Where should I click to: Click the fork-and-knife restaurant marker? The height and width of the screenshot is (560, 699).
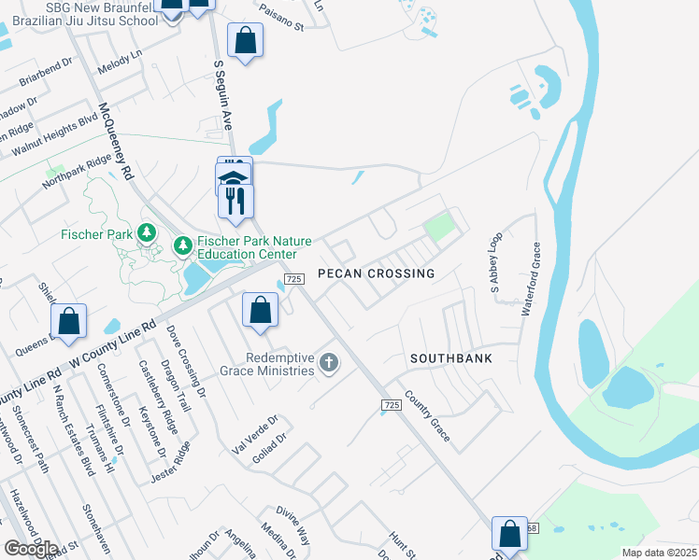(235, 201)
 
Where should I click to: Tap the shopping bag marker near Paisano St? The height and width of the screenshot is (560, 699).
(246, 41)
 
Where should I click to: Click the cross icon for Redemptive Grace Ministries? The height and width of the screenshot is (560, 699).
(328, 362)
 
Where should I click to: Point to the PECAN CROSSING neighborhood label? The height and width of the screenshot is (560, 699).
(376, 273)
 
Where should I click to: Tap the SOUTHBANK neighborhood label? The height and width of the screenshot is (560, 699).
(450, 358)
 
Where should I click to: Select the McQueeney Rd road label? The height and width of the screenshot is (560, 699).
(116, 141)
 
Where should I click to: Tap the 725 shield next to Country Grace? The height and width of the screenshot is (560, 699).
(392, 404)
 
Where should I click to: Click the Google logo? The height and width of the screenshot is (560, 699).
(31, 549)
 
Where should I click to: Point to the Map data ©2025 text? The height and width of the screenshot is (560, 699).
(659, 553)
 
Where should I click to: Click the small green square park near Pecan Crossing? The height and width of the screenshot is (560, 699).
(438, 227)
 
